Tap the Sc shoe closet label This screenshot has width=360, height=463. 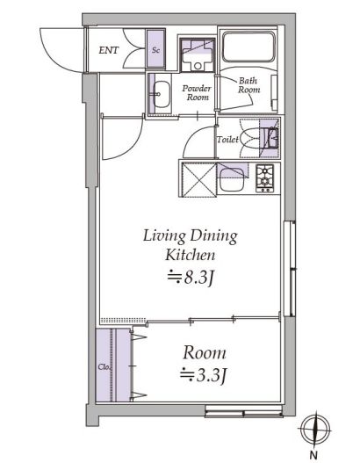pyautogui.click(x=155, y=51)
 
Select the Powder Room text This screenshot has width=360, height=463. pyautogui.click(x=197, y=93)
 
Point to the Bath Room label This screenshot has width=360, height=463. pyautogui.click(x=248, y=86)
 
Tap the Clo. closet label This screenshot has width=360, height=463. pyautogui.click(x=103, y=366)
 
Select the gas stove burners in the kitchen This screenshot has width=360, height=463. pyautogui.click(x=265, y=178)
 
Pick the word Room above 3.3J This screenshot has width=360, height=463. pyautogui.click(x=204, y=353)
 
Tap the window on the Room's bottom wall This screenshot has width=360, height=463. pyautogui.click(x=241, y=409)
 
